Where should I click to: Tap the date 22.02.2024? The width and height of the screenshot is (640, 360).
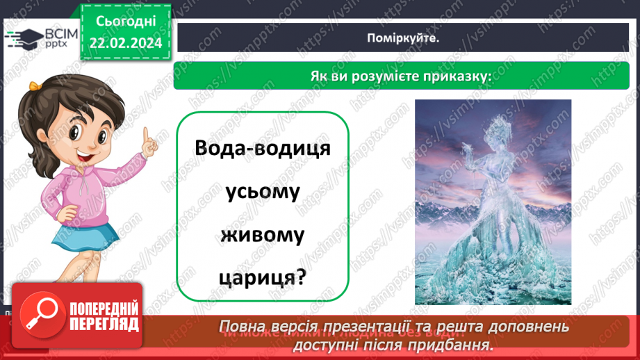[x=126, y=43]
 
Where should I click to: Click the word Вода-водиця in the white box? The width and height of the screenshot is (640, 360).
[x=262, y=149]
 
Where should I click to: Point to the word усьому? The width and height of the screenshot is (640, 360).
[x=262, y=193]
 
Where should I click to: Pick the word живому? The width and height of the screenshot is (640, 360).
[x=262, y=236]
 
